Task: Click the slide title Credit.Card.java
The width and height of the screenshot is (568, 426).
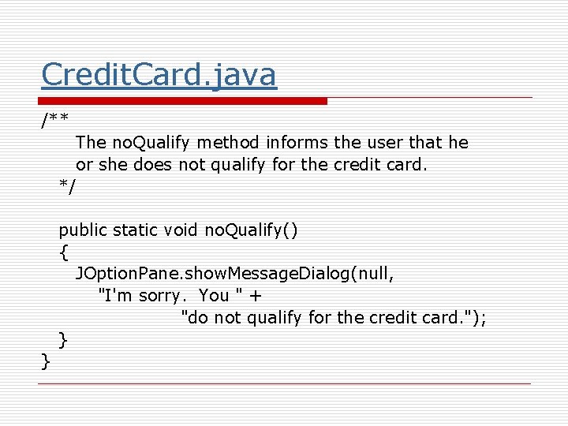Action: click(159, 75)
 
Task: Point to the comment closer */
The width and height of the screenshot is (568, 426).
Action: click(68, 186)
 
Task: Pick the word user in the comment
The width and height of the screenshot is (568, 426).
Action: click(384, 143)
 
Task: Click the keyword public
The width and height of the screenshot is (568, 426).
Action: click(83, 230)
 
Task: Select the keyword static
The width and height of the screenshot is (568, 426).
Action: click(136, 230)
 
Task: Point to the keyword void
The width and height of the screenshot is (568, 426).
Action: click(181, 230)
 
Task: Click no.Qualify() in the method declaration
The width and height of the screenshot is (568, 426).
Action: click(251, 230)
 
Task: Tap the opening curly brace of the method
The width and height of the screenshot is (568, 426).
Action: click(63, 252)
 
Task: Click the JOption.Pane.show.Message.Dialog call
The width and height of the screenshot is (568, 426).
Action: click(213, 274)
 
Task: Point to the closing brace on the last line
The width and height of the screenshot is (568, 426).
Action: click(46, 362)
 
